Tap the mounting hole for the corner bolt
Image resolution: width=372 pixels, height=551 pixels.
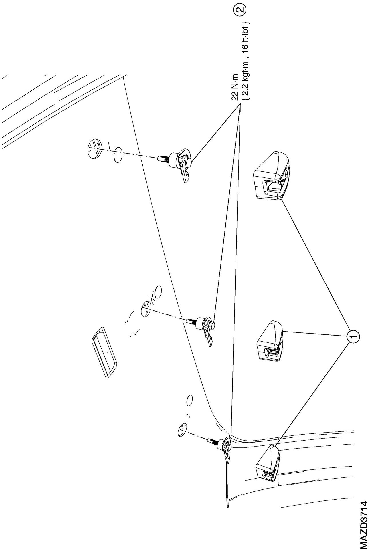(182, 428)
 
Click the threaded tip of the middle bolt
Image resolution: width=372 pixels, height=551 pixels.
(190, 321)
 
